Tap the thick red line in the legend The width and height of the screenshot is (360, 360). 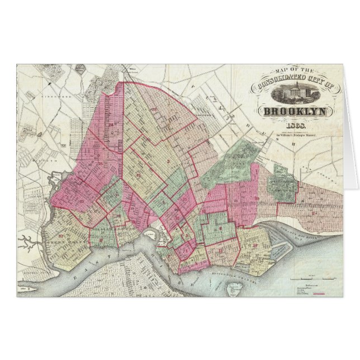[x=320, y=292]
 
